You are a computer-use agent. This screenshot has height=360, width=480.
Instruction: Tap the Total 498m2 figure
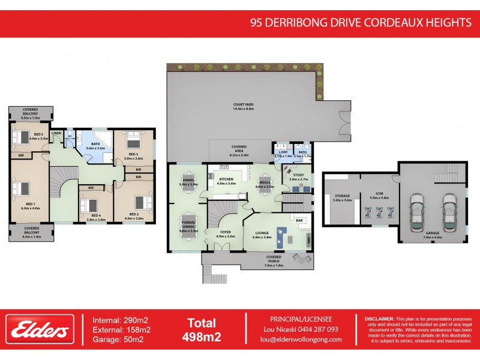pos(202,329)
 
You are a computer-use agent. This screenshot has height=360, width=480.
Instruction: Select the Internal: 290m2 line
pos(122,320)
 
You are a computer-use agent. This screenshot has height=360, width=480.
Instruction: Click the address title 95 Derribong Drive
pos(361,23)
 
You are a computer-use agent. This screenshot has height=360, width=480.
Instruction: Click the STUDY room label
pos(298,177)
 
